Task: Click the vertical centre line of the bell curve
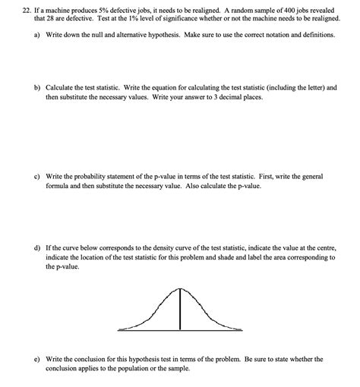(x=180, y=311)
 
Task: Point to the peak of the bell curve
(x=180, y=288)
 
